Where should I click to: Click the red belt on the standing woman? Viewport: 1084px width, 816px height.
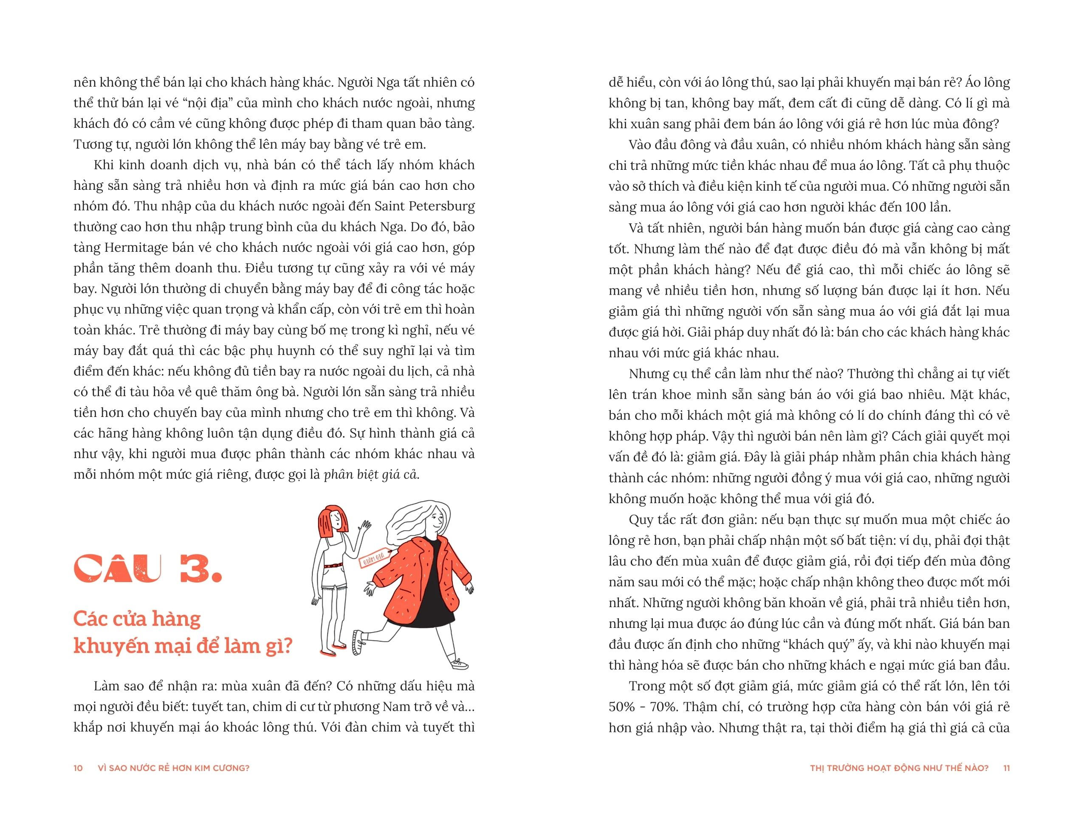tap(334, 566)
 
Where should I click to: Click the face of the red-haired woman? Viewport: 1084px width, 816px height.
tap(336, 519)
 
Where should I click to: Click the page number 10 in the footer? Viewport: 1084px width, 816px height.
tap(78, 768)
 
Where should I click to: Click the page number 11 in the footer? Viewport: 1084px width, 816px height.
tap(1006, 768)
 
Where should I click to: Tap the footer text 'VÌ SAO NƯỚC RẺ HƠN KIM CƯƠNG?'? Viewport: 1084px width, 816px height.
tap(173, 768)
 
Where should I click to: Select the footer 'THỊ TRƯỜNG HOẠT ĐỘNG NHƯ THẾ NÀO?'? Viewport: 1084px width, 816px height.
tap(899, 768)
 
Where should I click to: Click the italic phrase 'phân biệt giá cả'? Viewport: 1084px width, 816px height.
tap(371, 475)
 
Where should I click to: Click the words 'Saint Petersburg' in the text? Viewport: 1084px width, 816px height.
tap(424, 206)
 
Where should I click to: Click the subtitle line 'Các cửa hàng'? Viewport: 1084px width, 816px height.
tap(137, 619)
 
